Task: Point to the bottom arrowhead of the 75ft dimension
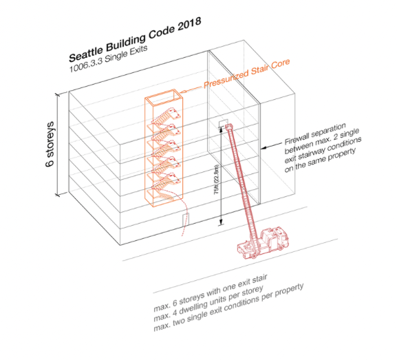[x=220, y=222]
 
